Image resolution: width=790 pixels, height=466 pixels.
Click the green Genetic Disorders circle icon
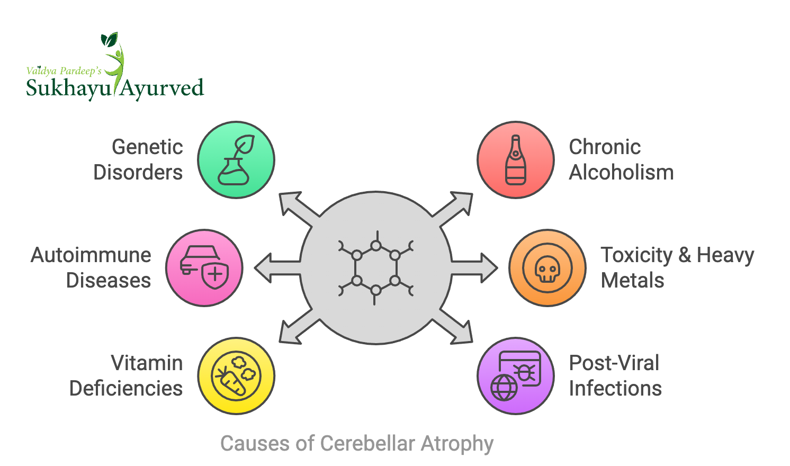pyautogui.click(x=236, y=160)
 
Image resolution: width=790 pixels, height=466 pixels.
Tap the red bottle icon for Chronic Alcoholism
pyautogui.click(x=516, y=160)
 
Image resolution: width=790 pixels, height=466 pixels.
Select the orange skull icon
pyautogui.click(x=547, y=268)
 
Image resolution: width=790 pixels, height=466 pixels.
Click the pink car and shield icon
pyautogui.click(x=204, y=268)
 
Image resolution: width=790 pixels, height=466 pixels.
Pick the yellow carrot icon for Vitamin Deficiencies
pyautogui.click(x=236, y=376)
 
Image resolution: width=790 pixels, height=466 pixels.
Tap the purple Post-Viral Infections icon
pyautogui.click(x=516, y=376)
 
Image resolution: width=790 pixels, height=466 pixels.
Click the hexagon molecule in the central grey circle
pyautogui.click(x=376, y=268)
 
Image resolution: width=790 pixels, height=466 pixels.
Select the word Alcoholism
pyautogui.click(x=621, y=173)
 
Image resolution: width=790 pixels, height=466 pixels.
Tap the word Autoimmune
pyautogui.click(x=91, y=255)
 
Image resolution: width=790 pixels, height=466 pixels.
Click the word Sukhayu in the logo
pyautogui.click(x=68, y=88)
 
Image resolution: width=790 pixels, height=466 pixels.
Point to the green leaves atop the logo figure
pyautogui.click(x=109, y=39)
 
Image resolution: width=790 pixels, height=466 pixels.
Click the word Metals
pyautogui.click(x=632, y=281)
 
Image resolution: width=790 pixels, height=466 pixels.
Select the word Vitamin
pyautogui.click(x=147, y=363)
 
